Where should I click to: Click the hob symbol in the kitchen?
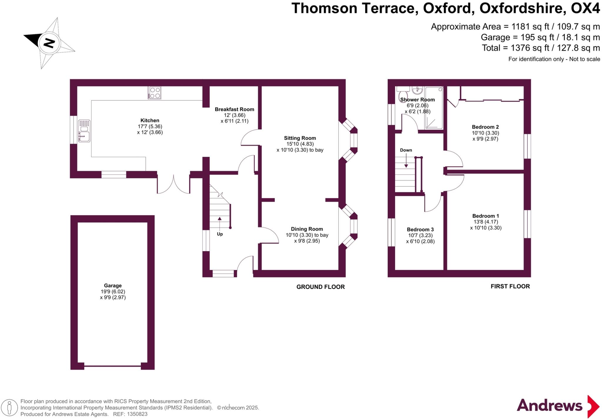[x=155, y=92]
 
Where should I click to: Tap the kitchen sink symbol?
[x=84, y=131]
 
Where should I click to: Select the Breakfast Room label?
[x=234, y=109]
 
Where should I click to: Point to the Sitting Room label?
[x=300, y=138]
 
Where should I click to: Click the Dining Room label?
[x=307, y=229]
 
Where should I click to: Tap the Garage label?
[x=113, y=285]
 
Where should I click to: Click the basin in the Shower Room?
[x=417, y=90]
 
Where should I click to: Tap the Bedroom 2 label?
[x=485, y=127]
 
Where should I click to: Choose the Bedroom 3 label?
[x=420, y=229]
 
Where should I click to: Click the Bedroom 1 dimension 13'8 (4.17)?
[x=485, y=222]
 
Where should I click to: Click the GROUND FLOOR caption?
[x=320, y=287]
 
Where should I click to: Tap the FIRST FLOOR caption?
[x=510, y=286]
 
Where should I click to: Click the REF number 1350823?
[x=137, y=414]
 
